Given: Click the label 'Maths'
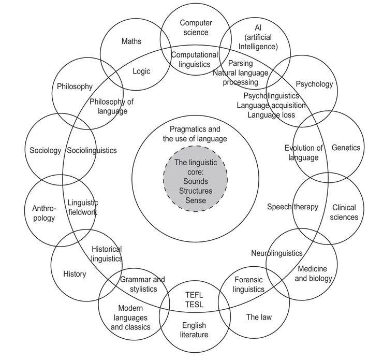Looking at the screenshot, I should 131,41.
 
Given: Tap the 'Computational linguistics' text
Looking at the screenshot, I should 195,60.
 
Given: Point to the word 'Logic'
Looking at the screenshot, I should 141,71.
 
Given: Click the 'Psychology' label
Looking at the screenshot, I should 314,84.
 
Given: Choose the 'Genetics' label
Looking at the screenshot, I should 346,148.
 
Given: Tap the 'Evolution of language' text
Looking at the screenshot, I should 304,153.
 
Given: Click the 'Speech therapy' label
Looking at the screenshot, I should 292,207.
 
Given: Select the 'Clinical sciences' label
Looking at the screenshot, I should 344,212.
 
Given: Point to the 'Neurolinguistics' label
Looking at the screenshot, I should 276,253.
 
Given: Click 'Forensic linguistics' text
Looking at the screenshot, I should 248,284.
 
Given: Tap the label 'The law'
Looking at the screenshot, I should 259,316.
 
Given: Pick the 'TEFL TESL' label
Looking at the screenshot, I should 195,299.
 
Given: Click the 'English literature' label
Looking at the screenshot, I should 194,330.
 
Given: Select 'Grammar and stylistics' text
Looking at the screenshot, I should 142,284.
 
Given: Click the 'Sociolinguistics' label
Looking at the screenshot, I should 92,151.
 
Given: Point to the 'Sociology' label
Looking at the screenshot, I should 45,151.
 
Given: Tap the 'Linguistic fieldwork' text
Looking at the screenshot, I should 82,207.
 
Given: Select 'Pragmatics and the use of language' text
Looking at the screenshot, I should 195,134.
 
